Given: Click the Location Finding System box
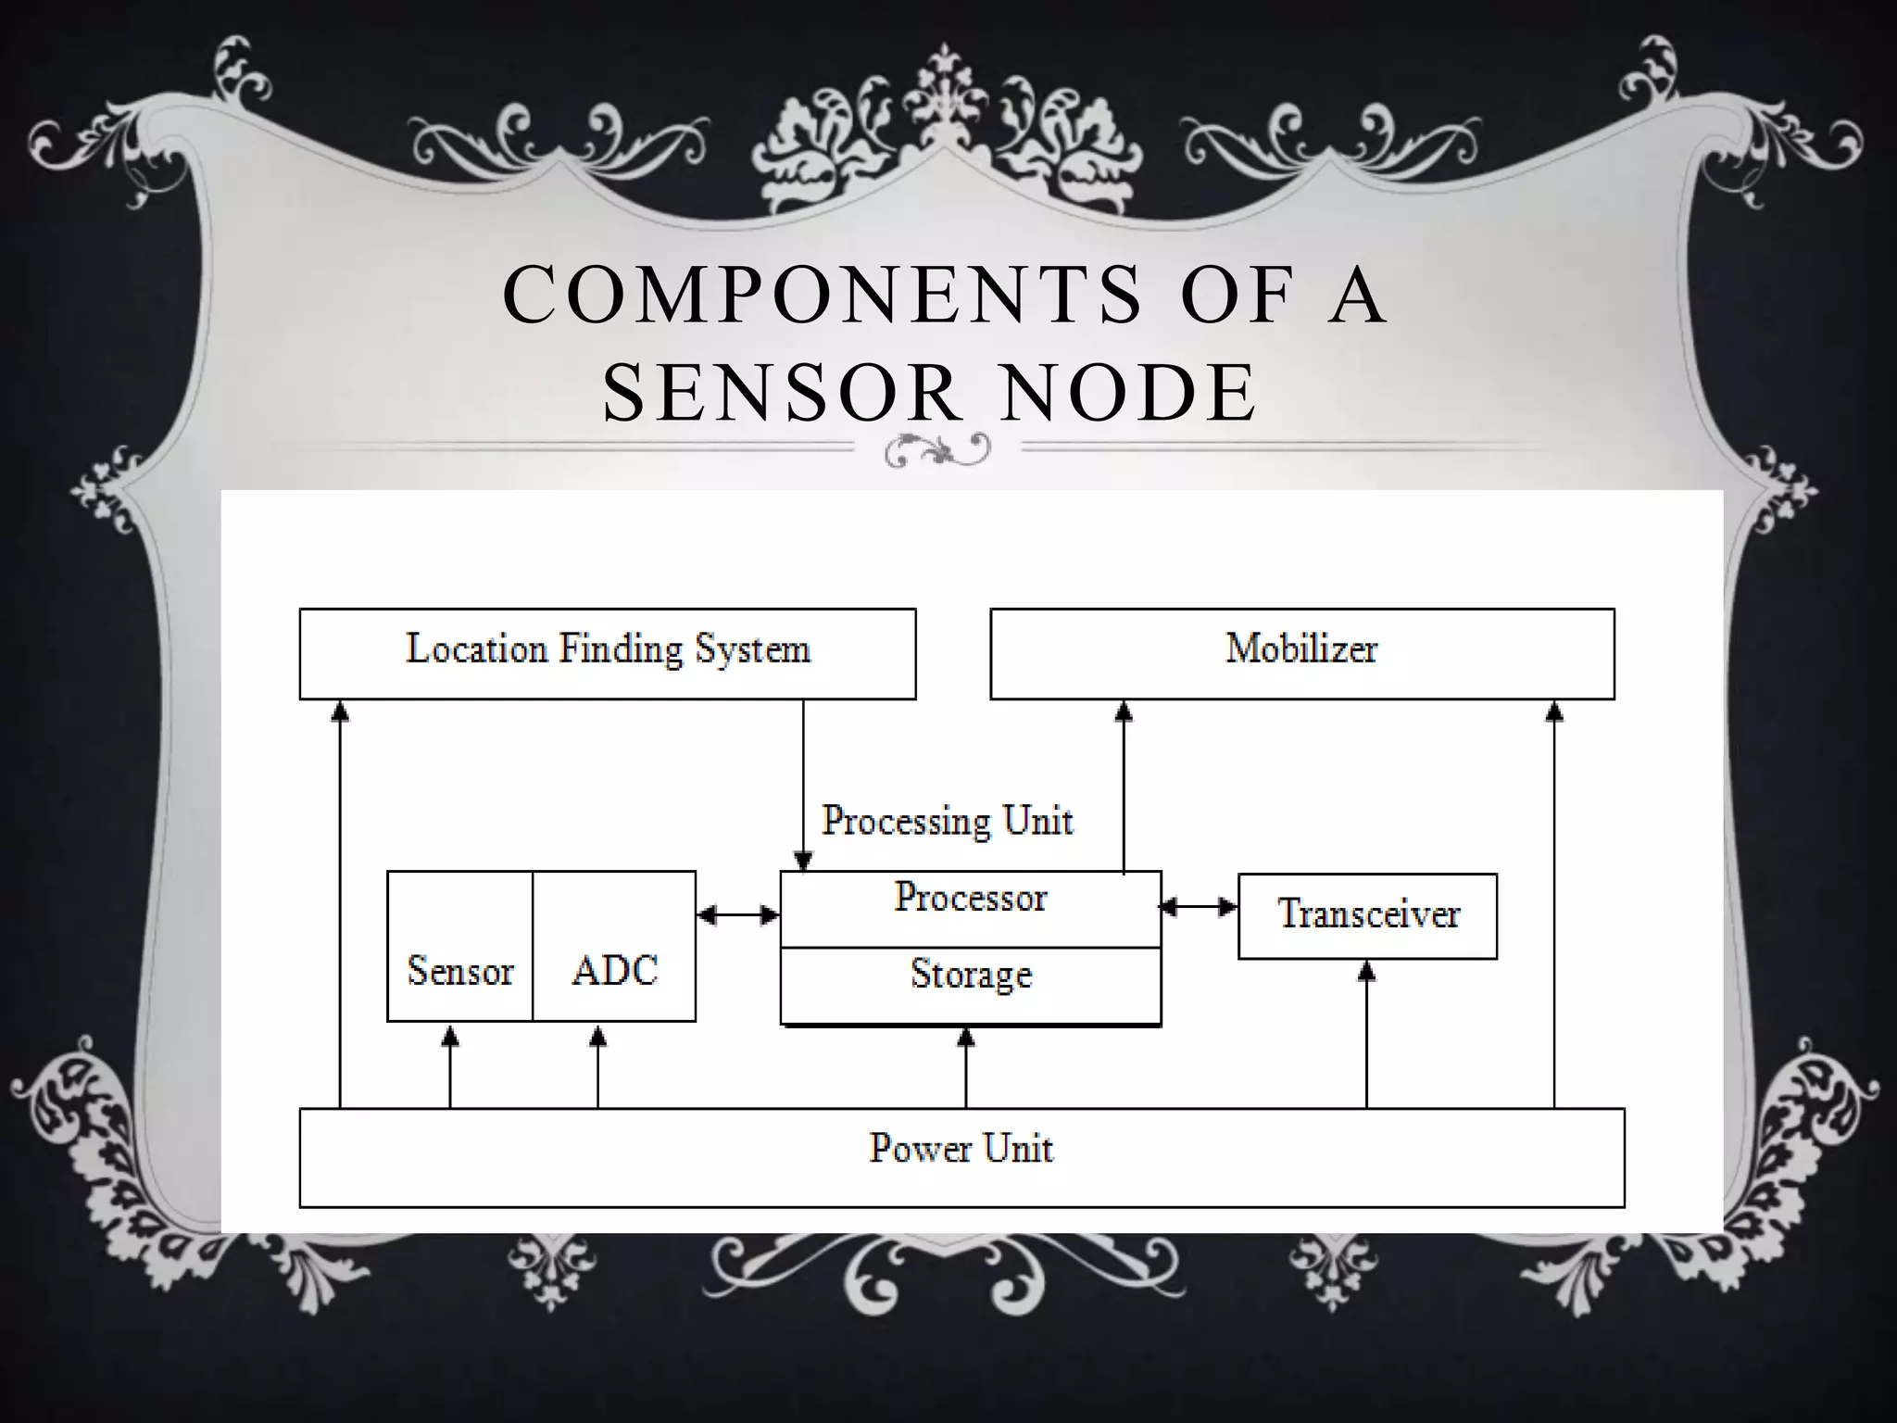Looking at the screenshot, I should pyautogui.click(x=608, y=653).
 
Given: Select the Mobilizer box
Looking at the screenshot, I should pyautogui.click(x=1301, y=653).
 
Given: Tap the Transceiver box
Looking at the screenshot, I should pyautogui.click(x=1367, y=915).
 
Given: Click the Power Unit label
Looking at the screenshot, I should pyautogui.click(x=961, y=1149).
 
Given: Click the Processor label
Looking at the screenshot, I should pyautogui.click(x=970, y=898).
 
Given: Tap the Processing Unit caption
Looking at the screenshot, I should pyautogui.click(x=947, y=821).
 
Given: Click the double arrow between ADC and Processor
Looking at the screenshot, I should pyautogui.click(x=738, y=915).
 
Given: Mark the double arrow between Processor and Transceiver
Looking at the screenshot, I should pyautogui.click(x=1199, y=907).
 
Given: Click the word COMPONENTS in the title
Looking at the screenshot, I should pyautogui.click(x=823, y=295).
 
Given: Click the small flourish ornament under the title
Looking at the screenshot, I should pyautogui.click(x=937, y=451).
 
